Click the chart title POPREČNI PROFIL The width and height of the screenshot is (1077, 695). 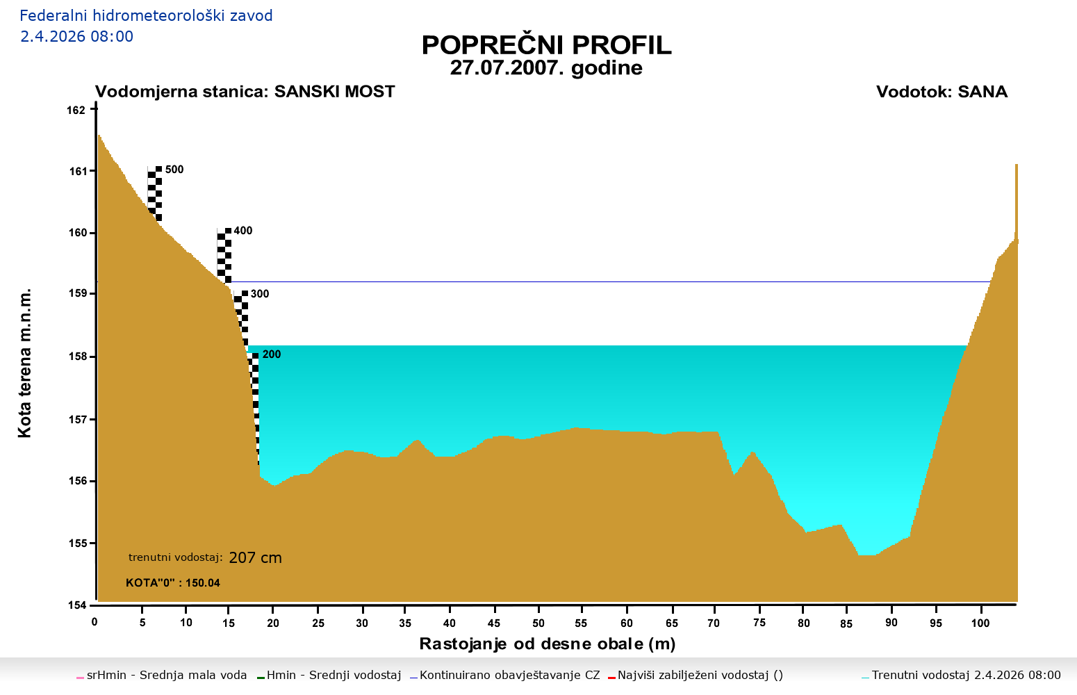546,45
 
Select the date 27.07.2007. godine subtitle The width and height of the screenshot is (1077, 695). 546,68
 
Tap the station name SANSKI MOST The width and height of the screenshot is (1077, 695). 334,92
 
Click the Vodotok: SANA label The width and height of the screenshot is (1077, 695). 942,92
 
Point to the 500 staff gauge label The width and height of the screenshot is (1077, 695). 174,170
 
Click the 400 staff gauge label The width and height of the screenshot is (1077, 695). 243,231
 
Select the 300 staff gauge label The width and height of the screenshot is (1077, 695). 260,294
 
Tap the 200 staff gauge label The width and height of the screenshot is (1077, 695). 272,354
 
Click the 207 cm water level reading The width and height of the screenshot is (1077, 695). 255,557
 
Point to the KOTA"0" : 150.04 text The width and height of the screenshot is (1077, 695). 173,582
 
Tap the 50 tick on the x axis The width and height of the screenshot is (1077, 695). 538,623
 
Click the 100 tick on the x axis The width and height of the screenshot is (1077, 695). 980,623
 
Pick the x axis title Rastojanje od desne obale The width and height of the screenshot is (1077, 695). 547,644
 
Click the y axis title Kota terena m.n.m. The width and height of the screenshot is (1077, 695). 25,363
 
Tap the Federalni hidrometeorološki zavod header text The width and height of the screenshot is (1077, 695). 146,15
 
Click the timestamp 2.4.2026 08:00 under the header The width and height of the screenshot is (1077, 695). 76,36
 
